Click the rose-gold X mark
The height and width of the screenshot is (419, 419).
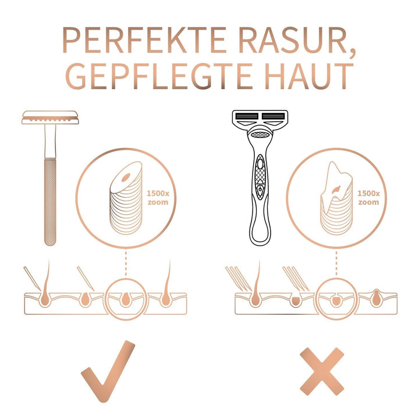coord(322,372)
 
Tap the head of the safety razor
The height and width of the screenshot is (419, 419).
coord(50,118)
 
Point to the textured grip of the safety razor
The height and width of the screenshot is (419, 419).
coord(50,202)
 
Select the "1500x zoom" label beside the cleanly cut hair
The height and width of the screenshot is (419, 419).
coord(158,198)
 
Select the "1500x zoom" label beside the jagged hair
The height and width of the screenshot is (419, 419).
coord(368,198)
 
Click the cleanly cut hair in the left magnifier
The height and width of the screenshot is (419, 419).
coord(126,198)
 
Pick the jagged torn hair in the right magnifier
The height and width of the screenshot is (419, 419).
coord(336,198)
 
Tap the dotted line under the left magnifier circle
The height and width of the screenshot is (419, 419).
coord(126,263)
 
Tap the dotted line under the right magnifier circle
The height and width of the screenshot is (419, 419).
coord(336,263)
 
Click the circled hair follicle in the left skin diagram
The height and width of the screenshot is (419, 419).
coord(126,300)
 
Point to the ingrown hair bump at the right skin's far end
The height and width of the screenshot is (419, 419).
coord(377,298)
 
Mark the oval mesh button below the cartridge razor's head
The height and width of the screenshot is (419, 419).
coord(260,134)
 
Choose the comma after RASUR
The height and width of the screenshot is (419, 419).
coord(352,53)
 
